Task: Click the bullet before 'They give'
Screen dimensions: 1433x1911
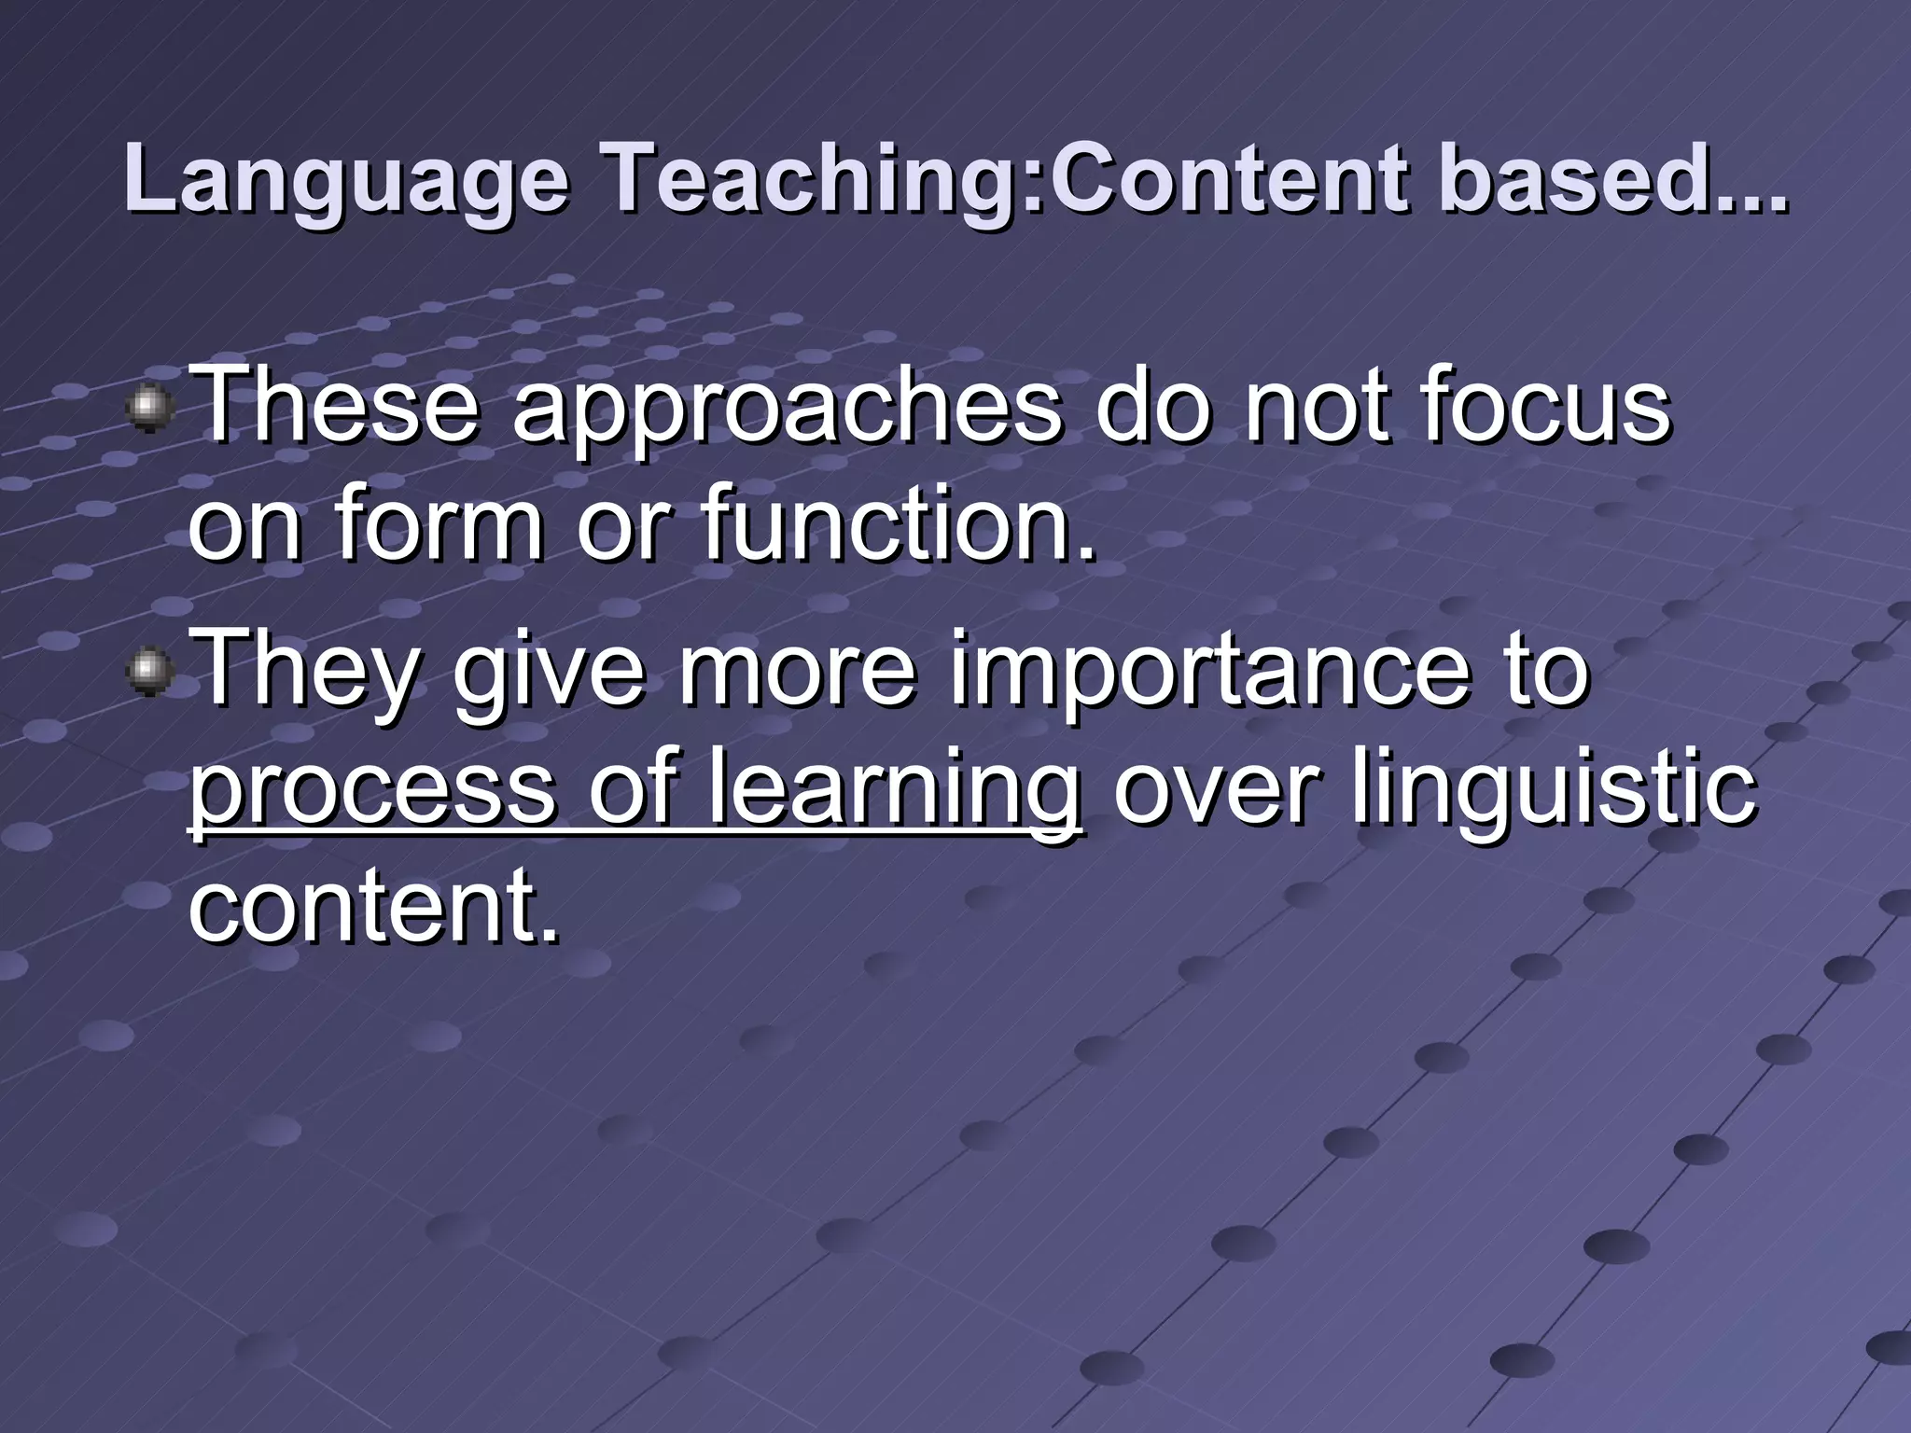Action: (149, 672)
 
